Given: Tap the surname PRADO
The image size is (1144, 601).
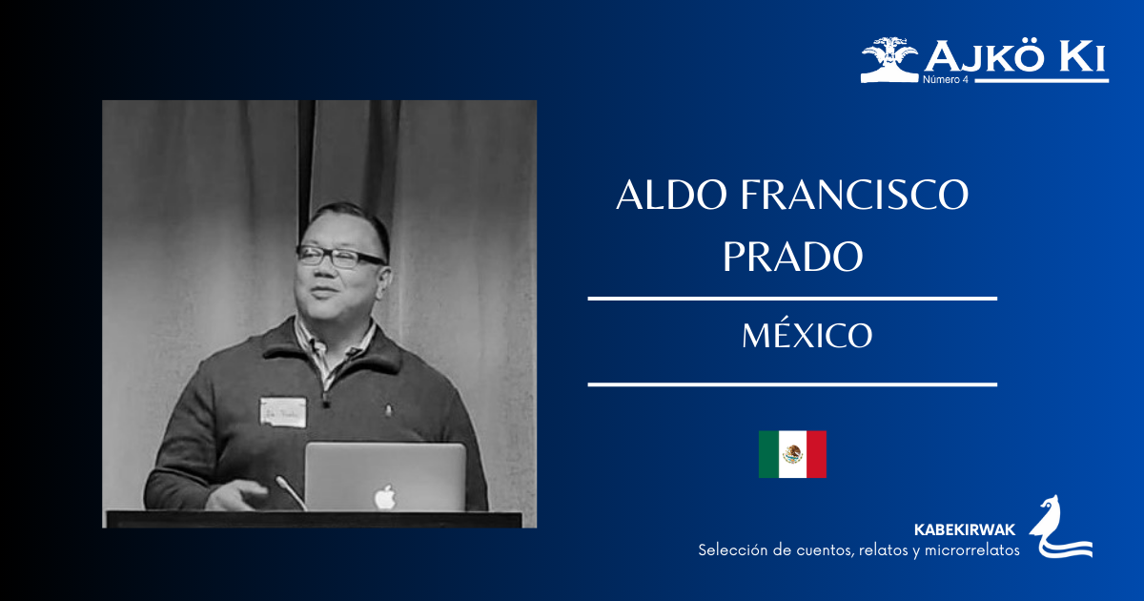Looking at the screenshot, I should pyautogui.click(x=792, y=256).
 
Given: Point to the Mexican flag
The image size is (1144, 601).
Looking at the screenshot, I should pyautogui.click(x=792, y=454).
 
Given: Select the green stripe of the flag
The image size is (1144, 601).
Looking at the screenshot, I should pyautogui.click(x=769, y=454).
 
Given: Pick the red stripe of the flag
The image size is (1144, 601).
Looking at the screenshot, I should pyautogui.click(x=816, y=454).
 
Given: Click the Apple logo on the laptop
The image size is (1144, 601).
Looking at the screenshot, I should pyautogui.click(x=384, y=496).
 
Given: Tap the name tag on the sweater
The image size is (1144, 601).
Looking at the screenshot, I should pyautogui.click(x=283, y=412).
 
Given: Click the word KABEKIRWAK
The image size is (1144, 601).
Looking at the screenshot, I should pyautogui.click(x=965, y=529).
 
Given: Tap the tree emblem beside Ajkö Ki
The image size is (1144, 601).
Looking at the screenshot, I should pyautogui.click(x=889, y=59).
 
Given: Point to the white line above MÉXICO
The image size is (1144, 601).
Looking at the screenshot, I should pyautogui.click(x=792, y=299).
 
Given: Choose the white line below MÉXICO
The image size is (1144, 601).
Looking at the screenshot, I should pyautogui.click(x=792, y=384).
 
